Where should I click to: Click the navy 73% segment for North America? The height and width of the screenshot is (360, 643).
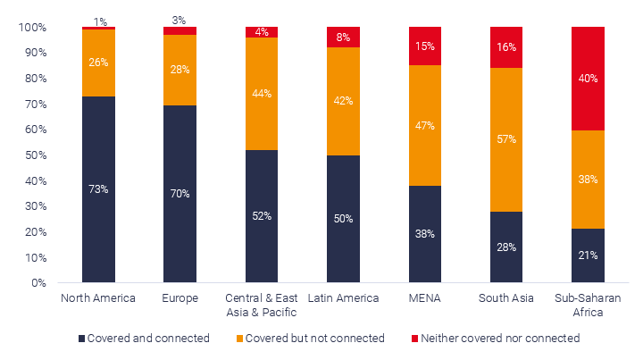coord(98,189)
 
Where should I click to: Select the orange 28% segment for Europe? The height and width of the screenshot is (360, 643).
coord(180,70)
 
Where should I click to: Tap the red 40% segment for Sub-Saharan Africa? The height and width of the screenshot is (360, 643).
coord(588,79)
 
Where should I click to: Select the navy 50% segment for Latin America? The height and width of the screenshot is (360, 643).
coord(343,219)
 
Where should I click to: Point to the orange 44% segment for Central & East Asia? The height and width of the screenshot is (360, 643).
coord(262,94)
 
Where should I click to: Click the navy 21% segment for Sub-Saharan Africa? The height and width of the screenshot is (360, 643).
coord(588,255)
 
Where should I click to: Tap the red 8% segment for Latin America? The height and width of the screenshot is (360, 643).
coord(343,38)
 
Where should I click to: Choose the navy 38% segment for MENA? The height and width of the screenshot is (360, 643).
coord(425,234)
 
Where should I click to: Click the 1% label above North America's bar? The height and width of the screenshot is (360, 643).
coord(100,21)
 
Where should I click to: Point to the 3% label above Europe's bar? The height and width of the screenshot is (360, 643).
coord(180,20)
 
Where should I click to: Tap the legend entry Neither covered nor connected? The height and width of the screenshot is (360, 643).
coord(495,339)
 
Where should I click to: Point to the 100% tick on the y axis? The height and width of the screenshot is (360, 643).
coord(32,28)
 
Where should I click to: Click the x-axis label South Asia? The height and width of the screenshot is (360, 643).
coord(506,298)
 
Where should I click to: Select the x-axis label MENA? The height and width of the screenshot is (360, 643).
coord(425,298)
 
